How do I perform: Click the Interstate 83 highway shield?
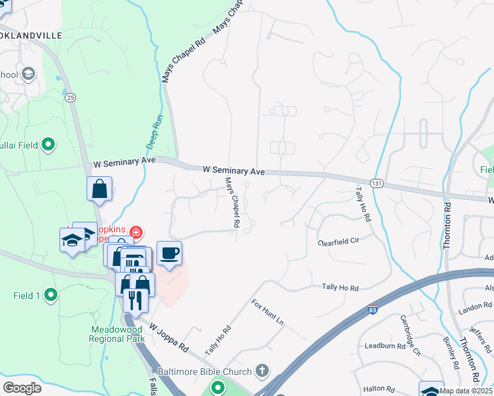(373, 309)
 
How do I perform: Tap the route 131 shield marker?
(376, 182)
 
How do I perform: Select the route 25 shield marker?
(71, 97)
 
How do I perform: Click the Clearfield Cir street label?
(338, 242)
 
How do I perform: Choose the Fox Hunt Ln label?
(267, 313)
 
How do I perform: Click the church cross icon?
(262, 371)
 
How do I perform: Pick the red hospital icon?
(135, 232)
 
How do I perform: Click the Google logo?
(22, 388)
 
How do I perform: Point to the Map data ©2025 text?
(466, 391)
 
